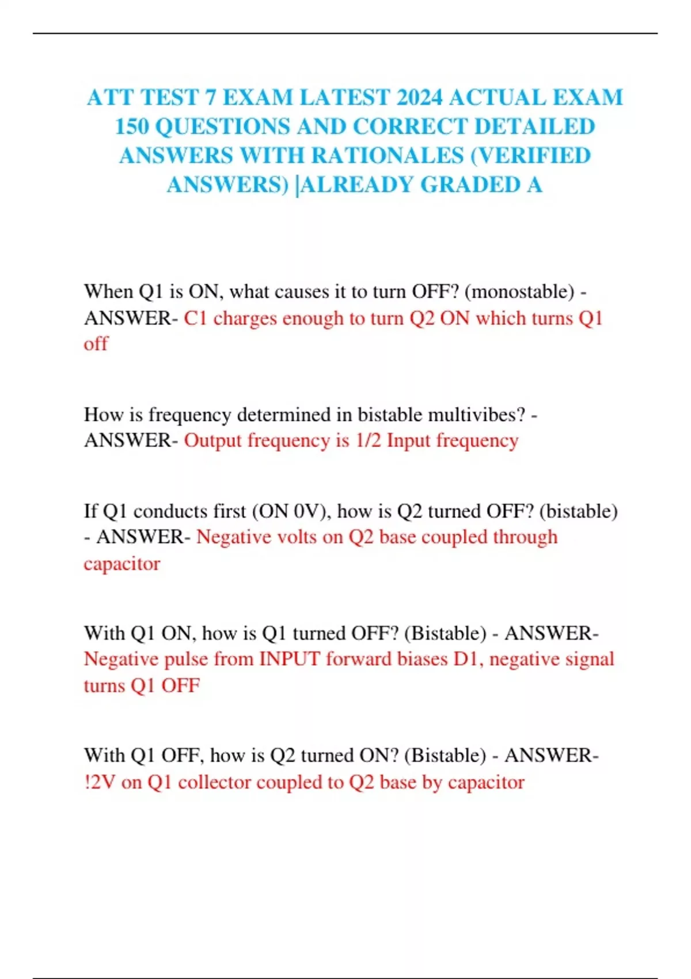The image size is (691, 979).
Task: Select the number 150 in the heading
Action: (132, 127)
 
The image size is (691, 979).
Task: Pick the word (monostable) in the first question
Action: (519, 292)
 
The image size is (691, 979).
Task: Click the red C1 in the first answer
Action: (195, 318)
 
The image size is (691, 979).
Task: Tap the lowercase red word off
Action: (96, 344)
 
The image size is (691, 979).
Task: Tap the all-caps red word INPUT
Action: (290, 659)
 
